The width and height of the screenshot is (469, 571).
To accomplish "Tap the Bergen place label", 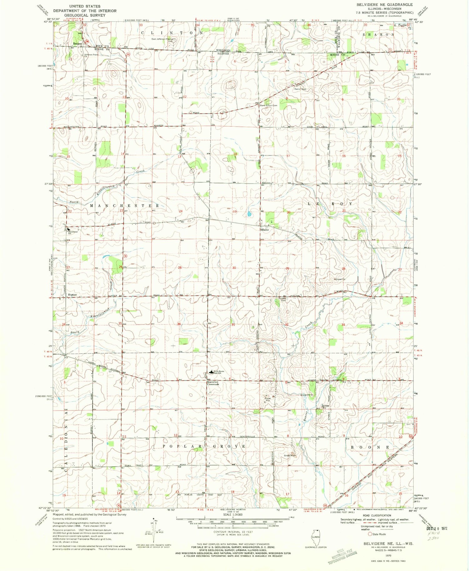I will [x=77, y=44].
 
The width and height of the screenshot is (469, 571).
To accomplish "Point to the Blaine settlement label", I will [x=265, y=230].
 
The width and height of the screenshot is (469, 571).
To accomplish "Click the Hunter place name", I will [x=72, y=295].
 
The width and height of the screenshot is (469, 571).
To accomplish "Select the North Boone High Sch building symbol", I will [x=212, y=372].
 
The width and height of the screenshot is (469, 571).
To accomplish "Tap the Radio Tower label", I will [x=300, y=89].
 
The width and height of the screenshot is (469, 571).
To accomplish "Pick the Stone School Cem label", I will [x=268, y=105].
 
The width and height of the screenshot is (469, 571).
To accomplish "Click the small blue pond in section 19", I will [x=249, y=214].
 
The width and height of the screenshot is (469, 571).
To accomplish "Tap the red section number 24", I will [x=180, y=211].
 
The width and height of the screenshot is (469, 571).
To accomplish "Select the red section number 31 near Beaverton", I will [x=233, y=325].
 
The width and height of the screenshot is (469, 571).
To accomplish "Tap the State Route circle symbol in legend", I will [x=370, y=534].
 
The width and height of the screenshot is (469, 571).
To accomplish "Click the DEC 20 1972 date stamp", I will [x=437, y=528].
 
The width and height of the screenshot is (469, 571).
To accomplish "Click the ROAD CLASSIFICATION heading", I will [x=377, y=515].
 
